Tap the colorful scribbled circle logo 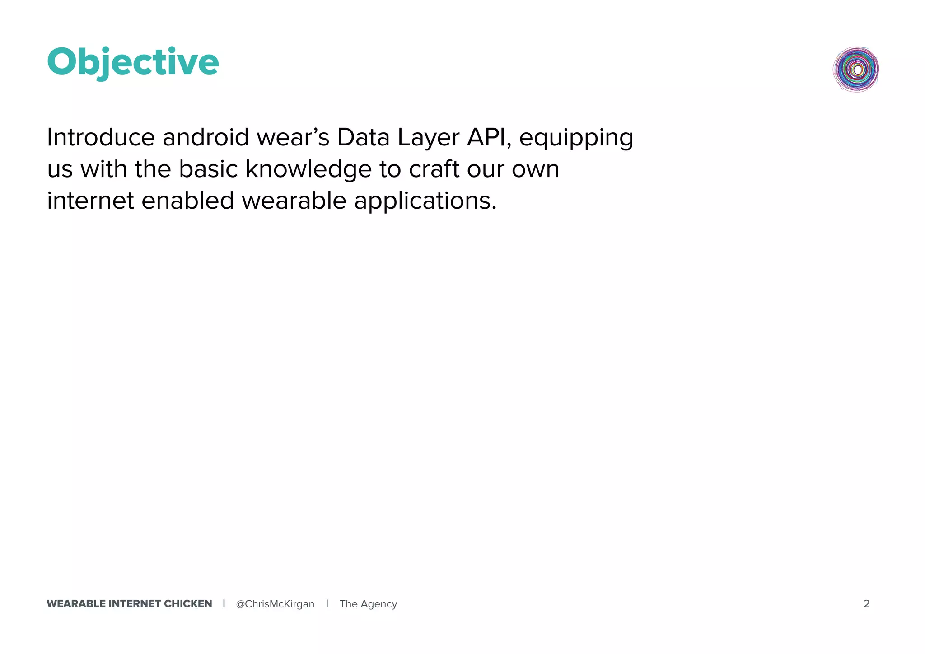[856, 70]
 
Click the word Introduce [101, 137]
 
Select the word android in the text [206, 137]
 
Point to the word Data [363, 137]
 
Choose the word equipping [576, 138]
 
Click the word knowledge [308, 169]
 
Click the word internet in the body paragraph [90, 201]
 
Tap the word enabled [188, 201]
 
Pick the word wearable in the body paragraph [294, 201]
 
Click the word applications [425, 201]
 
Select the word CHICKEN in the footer [188, 604]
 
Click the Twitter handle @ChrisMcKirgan [275, 604]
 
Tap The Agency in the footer [368, 604]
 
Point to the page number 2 [866, 604]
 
